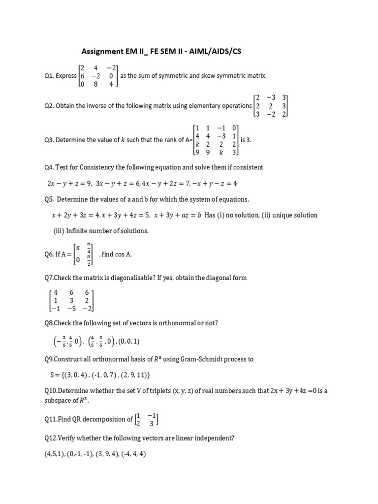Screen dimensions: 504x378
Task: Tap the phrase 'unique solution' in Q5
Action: (293, 215)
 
